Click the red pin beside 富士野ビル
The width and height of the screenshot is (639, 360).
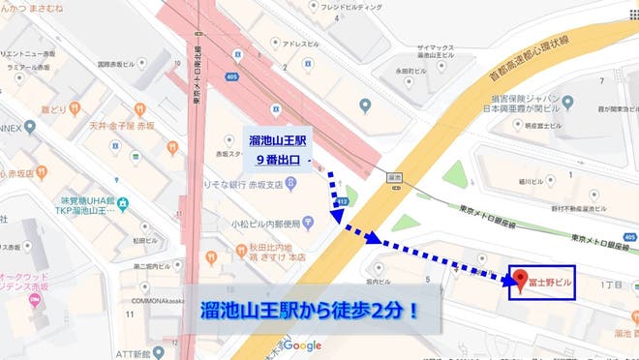[x=517, y=277]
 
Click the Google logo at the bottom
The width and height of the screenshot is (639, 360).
[x=302, y=345]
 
